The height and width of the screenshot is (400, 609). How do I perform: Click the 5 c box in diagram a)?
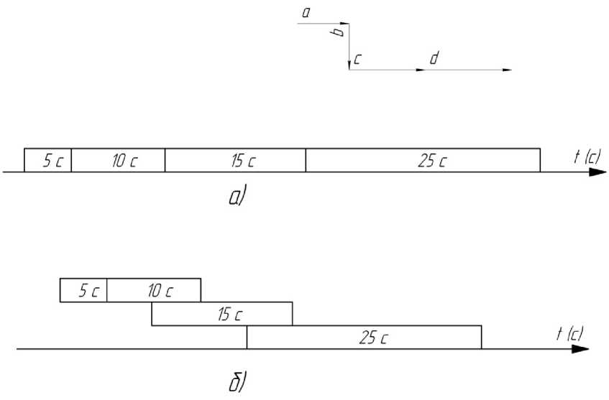click(47, 160)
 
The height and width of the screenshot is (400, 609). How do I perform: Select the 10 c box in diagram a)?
click(118, 160)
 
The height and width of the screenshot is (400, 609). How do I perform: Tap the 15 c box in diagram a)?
click(235, 160)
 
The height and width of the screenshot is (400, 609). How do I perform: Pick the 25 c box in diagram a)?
click(423, 160)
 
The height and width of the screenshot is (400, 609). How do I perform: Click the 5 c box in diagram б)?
click(83, 290)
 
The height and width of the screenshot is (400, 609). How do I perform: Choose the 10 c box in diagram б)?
click(154, 290)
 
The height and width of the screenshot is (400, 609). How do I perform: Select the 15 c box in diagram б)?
click(222, 314)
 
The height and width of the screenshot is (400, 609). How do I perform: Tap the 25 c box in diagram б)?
click(364, 337)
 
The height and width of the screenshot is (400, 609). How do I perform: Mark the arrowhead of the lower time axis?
click(580, 349)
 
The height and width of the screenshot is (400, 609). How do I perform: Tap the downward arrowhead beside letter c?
click(349, 65)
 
